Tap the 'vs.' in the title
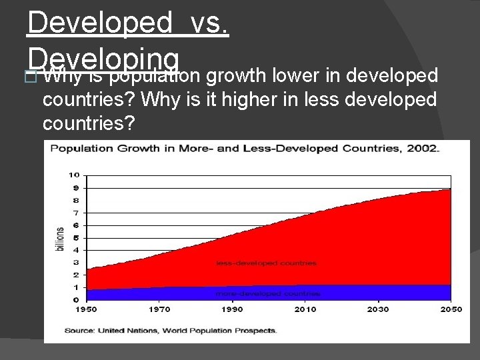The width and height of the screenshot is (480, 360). coord(209,23)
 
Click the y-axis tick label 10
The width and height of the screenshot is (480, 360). coord(74,175)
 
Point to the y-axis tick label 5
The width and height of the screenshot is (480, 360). coord(77,237)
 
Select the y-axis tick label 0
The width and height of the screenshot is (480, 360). coord(77,300)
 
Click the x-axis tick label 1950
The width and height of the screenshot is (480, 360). coord(87,309)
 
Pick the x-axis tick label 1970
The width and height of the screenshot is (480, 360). coord(159,309)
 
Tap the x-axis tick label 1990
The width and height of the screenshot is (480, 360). coord(232,309)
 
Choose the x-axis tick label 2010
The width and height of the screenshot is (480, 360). coord(305,309)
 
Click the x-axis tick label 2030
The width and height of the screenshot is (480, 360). coord(377,309)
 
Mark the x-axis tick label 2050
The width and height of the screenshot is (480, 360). coord(450,309)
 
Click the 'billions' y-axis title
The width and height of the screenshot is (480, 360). coord(60,239)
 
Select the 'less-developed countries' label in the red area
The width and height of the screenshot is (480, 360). coord(266,263)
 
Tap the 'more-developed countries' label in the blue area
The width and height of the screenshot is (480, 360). coord(267,293)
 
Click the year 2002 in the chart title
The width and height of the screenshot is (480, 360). coord(425,149)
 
